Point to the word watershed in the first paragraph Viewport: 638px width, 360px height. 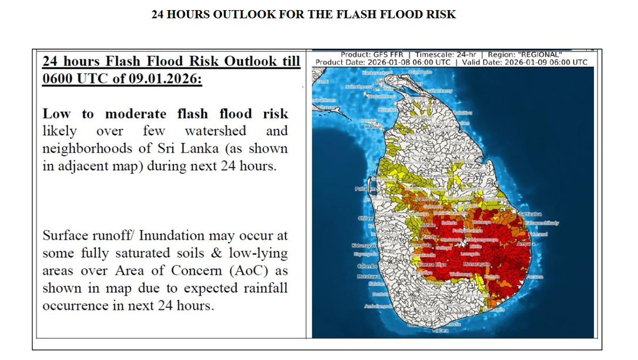click(215, 131)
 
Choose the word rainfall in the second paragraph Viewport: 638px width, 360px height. click(266, 288)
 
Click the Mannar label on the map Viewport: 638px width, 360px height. click(373, 127)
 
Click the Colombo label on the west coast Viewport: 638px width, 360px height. click(366, 265)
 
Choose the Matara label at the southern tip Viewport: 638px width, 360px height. click(441, 331)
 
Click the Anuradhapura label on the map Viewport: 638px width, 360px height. click(439, 175)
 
